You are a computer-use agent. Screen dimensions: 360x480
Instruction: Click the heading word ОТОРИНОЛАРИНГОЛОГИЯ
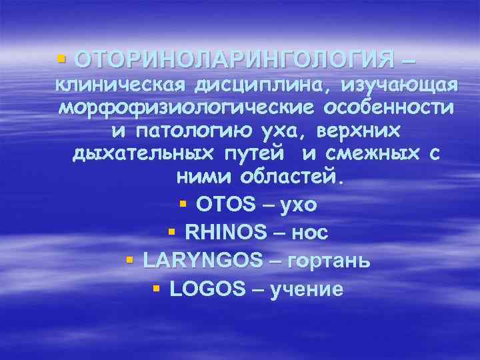point(232,60)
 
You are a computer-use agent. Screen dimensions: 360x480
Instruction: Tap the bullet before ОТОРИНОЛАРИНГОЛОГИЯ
point(62,59)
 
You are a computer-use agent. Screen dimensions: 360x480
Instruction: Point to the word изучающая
point(399,85)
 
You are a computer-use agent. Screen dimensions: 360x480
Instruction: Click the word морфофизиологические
point(187,108)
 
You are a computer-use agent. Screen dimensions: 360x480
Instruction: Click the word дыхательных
point(141,155)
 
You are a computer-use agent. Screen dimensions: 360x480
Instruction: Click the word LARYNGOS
point(202,261)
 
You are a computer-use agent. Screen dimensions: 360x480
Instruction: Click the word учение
point(307,289)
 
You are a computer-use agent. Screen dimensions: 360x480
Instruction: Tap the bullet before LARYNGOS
point(131,259)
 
